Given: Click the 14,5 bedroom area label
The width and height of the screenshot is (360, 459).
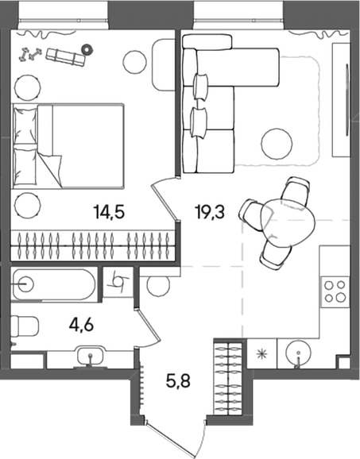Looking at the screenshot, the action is click(109, 212).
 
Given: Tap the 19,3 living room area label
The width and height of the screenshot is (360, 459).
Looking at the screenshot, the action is click(211, 212).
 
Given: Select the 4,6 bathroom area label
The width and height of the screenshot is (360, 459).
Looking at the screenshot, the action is click(81, 324).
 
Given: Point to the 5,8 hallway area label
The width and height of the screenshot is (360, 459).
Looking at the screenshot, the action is click(178, 380).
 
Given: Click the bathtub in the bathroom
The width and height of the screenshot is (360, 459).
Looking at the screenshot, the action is click(54, 284).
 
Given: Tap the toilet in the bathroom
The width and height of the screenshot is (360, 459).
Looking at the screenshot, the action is click(25, 326).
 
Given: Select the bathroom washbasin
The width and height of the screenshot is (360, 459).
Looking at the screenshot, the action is click(91, 357).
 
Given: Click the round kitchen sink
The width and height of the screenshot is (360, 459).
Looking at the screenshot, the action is click(298, 353).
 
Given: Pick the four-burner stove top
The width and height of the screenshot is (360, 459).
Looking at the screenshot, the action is click(335, 292).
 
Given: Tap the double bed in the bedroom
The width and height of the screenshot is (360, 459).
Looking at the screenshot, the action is click(68, 145).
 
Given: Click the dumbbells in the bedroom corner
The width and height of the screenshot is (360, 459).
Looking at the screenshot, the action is click(30, 55).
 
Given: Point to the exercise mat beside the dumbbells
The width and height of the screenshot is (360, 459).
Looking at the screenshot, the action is click(66, 57).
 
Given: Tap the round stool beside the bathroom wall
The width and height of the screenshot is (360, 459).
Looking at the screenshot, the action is click(158, 286).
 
